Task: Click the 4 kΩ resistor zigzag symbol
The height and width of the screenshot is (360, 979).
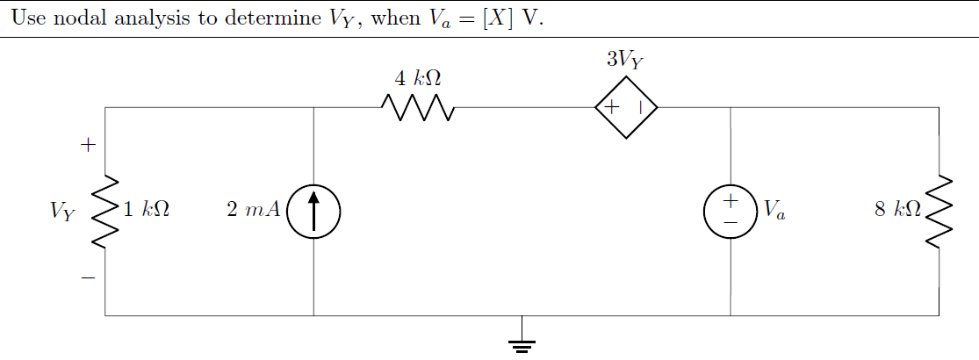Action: (x=418, y=108)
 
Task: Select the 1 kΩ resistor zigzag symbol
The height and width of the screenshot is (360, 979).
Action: (x=105, y=211)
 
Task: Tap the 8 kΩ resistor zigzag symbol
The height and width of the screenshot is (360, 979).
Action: (x=939, y=212)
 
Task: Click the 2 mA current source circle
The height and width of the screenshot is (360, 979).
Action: (x=313, y=212)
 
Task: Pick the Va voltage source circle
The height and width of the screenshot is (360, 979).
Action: (x=731, y=212)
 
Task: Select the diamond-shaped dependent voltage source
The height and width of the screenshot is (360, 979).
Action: (x=626, y=108)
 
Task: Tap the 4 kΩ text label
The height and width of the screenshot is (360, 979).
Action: (x=417, y=78)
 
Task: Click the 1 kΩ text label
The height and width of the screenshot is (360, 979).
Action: (x=146, y=210)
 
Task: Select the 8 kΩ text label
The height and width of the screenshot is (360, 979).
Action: (x=897, y=210)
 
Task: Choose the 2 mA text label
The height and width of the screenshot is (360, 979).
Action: (x=253, y=210)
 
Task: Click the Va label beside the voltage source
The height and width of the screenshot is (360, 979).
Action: (x=774, y=210)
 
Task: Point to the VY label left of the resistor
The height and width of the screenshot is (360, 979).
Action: (x=63, y=211)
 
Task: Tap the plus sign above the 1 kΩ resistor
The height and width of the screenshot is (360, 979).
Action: (x=87, y=145)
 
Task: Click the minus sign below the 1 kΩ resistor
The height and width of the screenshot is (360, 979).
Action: (x=87, y=278)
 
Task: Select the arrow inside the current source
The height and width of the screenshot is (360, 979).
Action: (x=313, y=211)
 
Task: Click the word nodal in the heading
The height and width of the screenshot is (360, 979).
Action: (x=81, y=18)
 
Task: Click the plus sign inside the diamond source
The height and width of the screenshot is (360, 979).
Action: (x=612, y=107)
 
